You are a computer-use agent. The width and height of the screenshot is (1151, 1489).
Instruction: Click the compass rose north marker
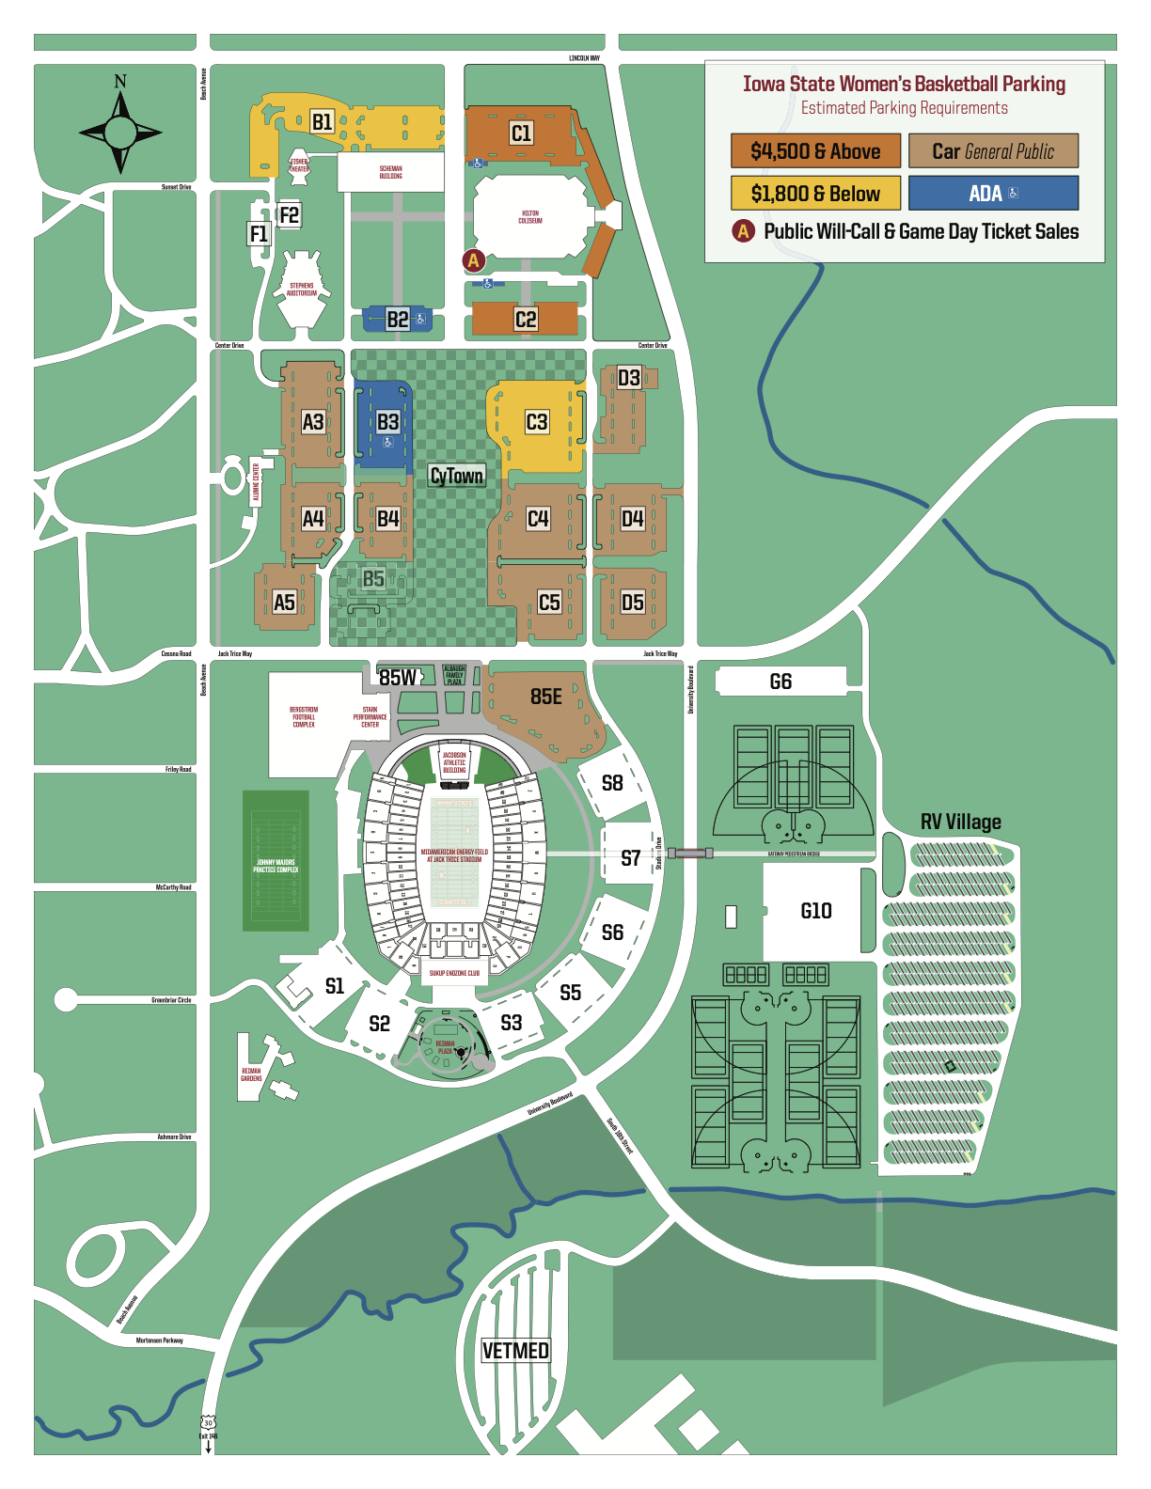(120, 82)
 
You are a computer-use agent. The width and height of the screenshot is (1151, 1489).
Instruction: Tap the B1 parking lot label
(323, 121)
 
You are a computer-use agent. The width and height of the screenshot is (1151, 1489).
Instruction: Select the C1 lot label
(521, 133)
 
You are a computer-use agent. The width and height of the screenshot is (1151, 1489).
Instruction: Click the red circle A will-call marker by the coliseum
(474, 260)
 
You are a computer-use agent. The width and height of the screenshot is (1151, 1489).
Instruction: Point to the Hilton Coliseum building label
(530, 217)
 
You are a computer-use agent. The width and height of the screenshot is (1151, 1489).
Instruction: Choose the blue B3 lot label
(387, 422)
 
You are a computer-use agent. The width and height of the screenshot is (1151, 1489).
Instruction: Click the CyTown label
(457, 476)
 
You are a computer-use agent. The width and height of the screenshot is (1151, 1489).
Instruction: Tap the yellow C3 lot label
(536, 422)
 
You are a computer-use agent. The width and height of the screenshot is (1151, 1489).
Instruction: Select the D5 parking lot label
(632, 603)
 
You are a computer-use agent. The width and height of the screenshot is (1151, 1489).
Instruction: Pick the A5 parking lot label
(284, 603)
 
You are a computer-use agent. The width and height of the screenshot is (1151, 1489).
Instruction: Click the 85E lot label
(546, 697)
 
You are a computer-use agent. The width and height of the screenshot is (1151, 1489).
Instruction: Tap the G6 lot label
(780, 682)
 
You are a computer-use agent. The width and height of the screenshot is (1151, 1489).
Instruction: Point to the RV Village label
(960, 823)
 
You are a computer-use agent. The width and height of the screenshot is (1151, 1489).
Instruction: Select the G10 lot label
(816, 911)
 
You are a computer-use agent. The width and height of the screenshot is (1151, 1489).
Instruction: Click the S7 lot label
(631, 858)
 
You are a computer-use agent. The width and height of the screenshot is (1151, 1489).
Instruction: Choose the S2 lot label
(379, 1024)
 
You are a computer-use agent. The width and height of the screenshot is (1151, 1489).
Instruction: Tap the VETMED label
(515, 1351)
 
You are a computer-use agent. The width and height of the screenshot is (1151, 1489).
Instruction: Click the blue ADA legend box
(993, 194)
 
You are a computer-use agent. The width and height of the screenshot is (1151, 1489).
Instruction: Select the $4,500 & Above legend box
(815, 151)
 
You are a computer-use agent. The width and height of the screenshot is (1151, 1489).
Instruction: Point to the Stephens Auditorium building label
(302, 290)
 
